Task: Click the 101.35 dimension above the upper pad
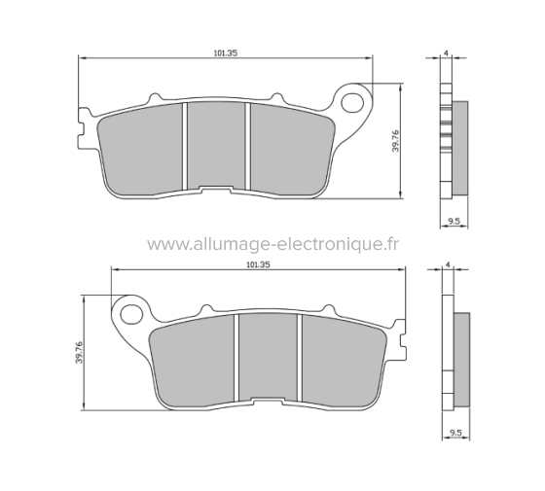[x=225, y=53]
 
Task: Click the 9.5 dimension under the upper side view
[x=454, y=222]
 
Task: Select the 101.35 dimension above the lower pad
[x=258, y=263]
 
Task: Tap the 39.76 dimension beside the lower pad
[x=77, y=352]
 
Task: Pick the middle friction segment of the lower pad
[x=268, y=358]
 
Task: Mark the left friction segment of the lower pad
[x=195, y=360]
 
